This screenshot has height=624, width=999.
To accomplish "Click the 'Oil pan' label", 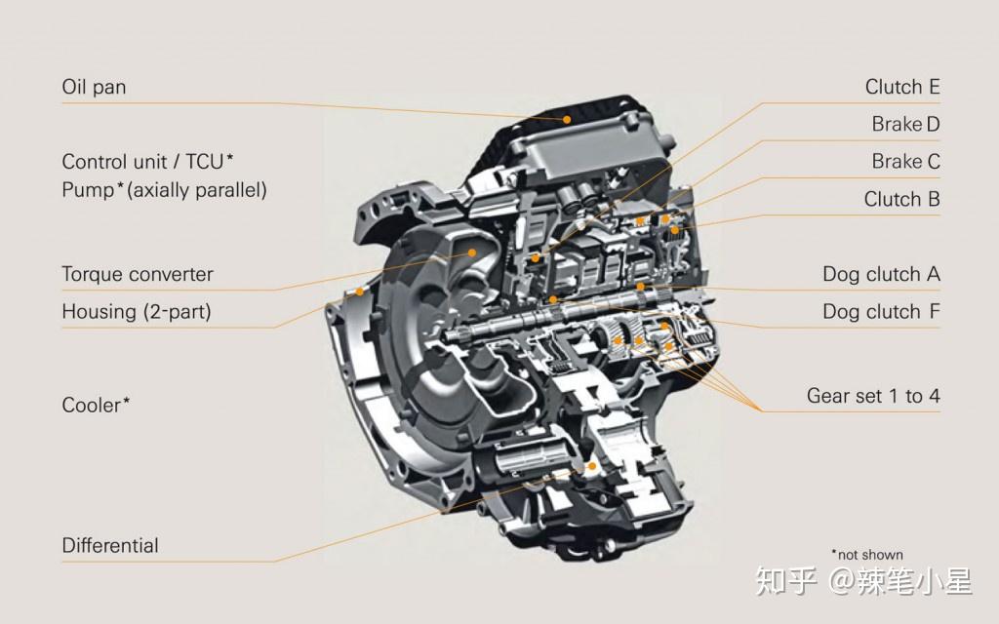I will pos(94,87).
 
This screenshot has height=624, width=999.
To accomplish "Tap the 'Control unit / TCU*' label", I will pos(147,162).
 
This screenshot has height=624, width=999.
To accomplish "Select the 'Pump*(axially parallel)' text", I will pos(164,189).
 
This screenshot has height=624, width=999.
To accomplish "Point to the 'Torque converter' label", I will pos(137,274).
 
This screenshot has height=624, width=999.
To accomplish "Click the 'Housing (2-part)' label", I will pos(136,312).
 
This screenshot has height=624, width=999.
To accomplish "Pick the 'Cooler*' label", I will pos(96,405).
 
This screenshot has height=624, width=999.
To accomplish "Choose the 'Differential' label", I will pos(110,545).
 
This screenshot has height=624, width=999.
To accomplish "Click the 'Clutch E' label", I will pos(902,87).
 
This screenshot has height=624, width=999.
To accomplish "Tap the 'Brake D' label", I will pos(905,124).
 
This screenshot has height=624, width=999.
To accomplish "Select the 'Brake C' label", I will pos(905,161).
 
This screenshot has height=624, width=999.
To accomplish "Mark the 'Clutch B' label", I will pos(901,199).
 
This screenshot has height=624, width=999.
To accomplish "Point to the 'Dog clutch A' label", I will pos(881,274).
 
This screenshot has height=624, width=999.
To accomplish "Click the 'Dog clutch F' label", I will pos(881,312).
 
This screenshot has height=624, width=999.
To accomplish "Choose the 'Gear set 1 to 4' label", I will pos(873,396).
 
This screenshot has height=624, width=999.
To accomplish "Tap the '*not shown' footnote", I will pos(866,555).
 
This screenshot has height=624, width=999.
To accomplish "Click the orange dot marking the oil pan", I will pos(566,118).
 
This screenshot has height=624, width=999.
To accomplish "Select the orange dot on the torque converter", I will pos(473,252).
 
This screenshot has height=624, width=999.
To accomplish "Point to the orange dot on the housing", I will pos(359,291).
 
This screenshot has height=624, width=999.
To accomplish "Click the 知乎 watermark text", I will pos(786,582).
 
